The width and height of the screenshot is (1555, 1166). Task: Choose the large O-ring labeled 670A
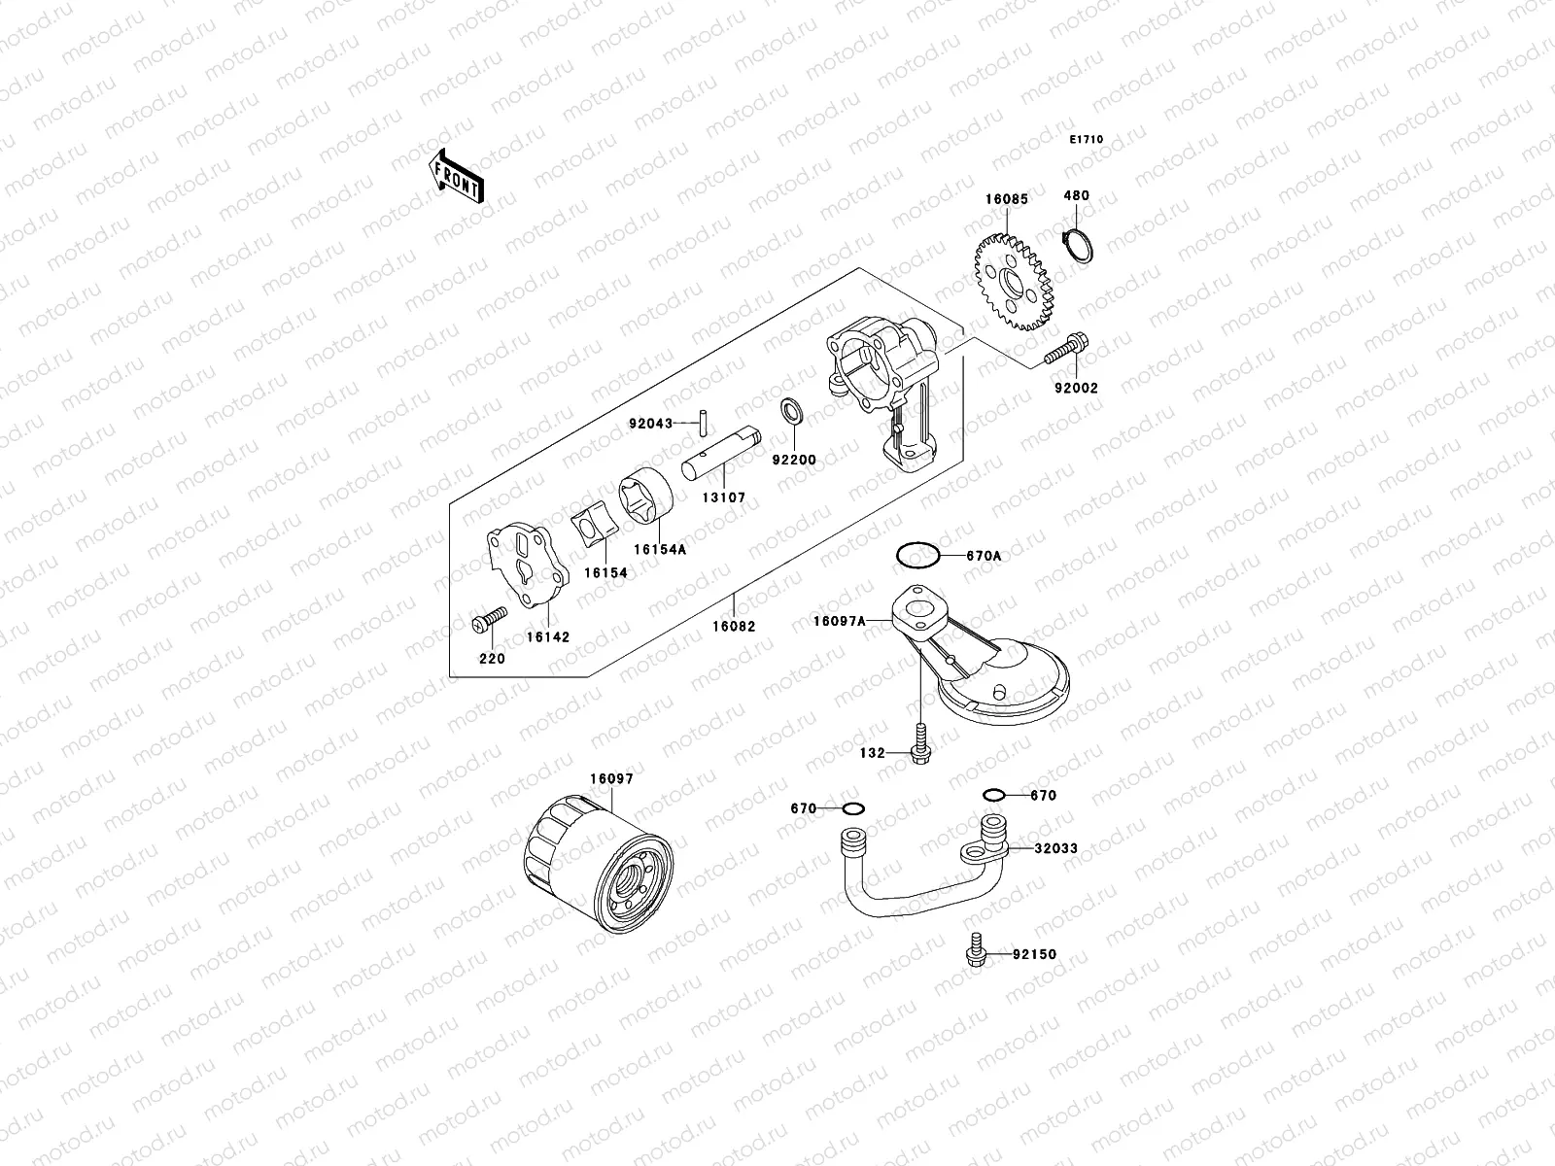pyautogui.click(x=916, y=556)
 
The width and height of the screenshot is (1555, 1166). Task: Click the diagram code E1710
pyautogui.click(x=1087, y=140)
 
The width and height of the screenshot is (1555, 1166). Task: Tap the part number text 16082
pyautogui.click(x=733, y=627)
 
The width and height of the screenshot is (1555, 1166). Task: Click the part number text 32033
pyautogui.click(x=1055, y=848)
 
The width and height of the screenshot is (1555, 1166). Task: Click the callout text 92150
pyautogui.click(x=1034, y=954)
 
